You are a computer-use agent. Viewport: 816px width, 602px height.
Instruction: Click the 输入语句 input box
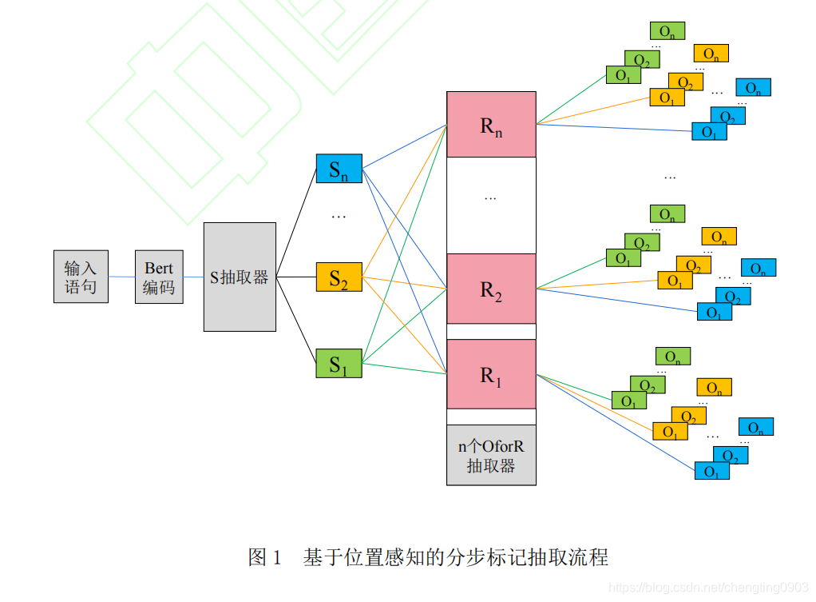tap(81, 277)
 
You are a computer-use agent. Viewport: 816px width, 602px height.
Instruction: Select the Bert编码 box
tap(159, 277)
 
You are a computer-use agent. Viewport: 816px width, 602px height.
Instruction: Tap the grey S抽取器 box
tap(240, 277)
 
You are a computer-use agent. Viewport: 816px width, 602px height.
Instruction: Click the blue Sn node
tap(339, 169)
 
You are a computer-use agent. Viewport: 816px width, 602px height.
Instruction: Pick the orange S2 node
tap(339, 277)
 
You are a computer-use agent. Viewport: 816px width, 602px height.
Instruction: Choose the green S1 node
tap(339, 364)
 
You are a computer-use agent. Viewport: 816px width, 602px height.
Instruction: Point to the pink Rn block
tap(490, 125)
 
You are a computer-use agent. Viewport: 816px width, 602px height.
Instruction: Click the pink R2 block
tap(490, 289)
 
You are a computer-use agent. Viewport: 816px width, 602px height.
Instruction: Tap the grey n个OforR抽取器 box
tap(490, 455)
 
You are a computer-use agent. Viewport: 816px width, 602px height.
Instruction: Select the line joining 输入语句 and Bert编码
tap(121, 277)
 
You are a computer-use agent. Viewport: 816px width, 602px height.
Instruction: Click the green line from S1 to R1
tap(404, 369)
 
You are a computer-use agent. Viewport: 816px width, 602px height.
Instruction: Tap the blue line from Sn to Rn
tap(404, 146)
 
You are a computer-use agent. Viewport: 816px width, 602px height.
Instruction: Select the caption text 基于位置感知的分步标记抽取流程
tap(455, 557)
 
